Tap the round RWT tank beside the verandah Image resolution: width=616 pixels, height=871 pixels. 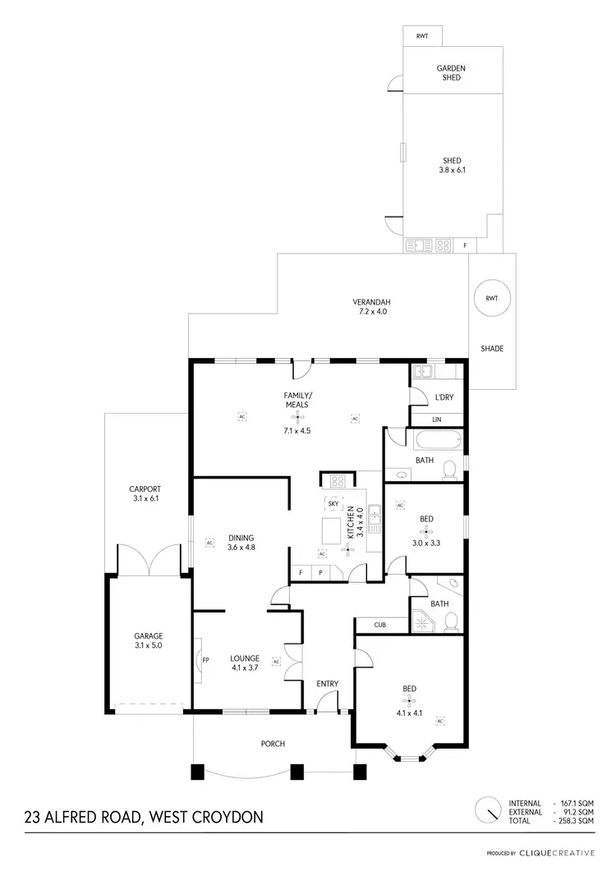(x=491, y=299)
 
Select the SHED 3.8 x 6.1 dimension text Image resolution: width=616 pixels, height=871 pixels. (x=452, y=171)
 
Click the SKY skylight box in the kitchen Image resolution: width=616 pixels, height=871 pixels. (x=333, y=502)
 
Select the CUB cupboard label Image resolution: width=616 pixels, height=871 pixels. (x=379, y=626)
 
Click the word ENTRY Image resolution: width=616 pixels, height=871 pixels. (x=328, y=684)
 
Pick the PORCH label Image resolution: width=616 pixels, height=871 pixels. (x=273, y=744)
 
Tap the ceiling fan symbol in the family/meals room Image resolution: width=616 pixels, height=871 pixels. (x=297, y=416)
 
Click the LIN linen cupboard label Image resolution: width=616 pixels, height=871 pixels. (x=437, y=419)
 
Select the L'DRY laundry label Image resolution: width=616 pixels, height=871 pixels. (x=444, y=398)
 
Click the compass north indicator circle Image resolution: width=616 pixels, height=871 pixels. (x=488, y=809)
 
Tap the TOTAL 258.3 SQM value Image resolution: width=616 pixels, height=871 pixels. (x=574, y=820)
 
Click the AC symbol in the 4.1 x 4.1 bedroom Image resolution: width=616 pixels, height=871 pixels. (x=440, y=721)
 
